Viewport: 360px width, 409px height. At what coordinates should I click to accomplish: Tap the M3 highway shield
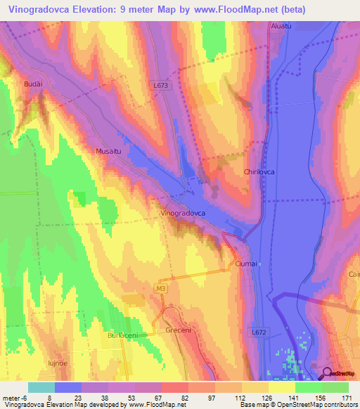click(161, 288)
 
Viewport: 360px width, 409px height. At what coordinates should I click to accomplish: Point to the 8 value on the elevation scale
click(49, 398)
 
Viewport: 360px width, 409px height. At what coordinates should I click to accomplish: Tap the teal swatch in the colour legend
click(41, 387)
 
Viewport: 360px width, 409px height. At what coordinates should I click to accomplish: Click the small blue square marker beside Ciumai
click(259, 264)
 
